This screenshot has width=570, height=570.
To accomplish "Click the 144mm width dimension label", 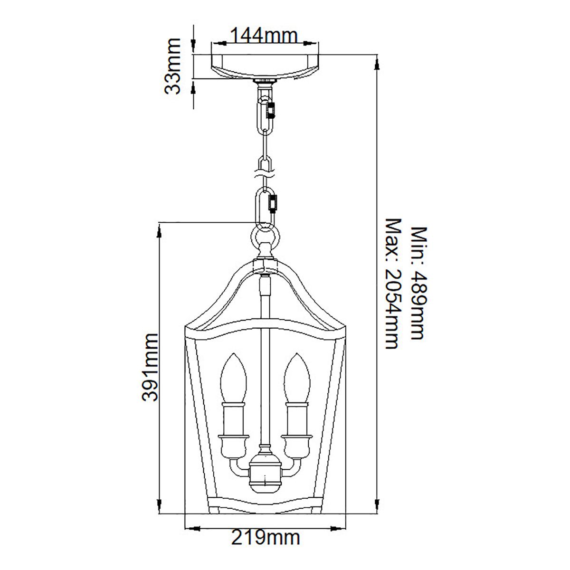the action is tap(264, 36).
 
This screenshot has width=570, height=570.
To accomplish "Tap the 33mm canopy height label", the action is tap(172, 66).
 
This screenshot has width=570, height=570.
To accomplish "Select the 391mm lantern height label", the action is tap(150, 367).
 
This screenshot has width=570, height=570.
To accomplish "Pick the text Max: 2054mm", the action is tap(393, 284).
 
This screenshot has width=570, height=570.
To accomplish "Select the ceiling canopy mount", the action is tap(265, 67).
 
